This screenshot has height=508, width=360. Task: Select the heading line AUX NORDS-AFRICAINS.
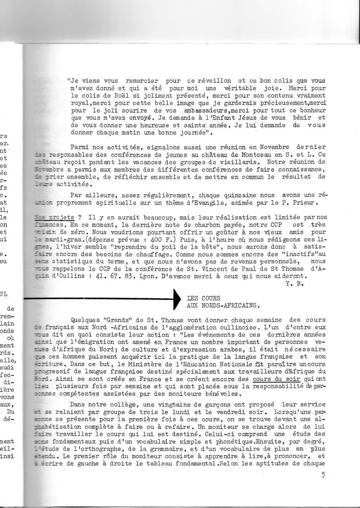[223, 305]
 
